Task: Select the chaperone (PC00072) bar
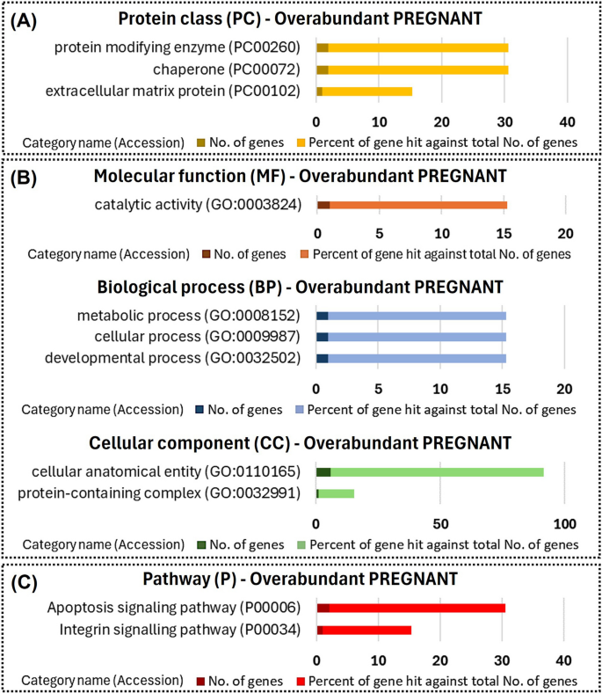tap(412, 69)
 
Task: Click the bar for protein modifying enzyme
tap(412, 47)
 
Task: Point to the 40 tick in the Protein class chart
tap(567, 120)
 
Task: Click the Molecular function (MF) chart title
tap(300, 176)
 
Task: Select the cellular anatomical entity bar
tap(430, 471)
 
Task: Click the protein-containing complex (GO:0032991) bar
tap(335, 493)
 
